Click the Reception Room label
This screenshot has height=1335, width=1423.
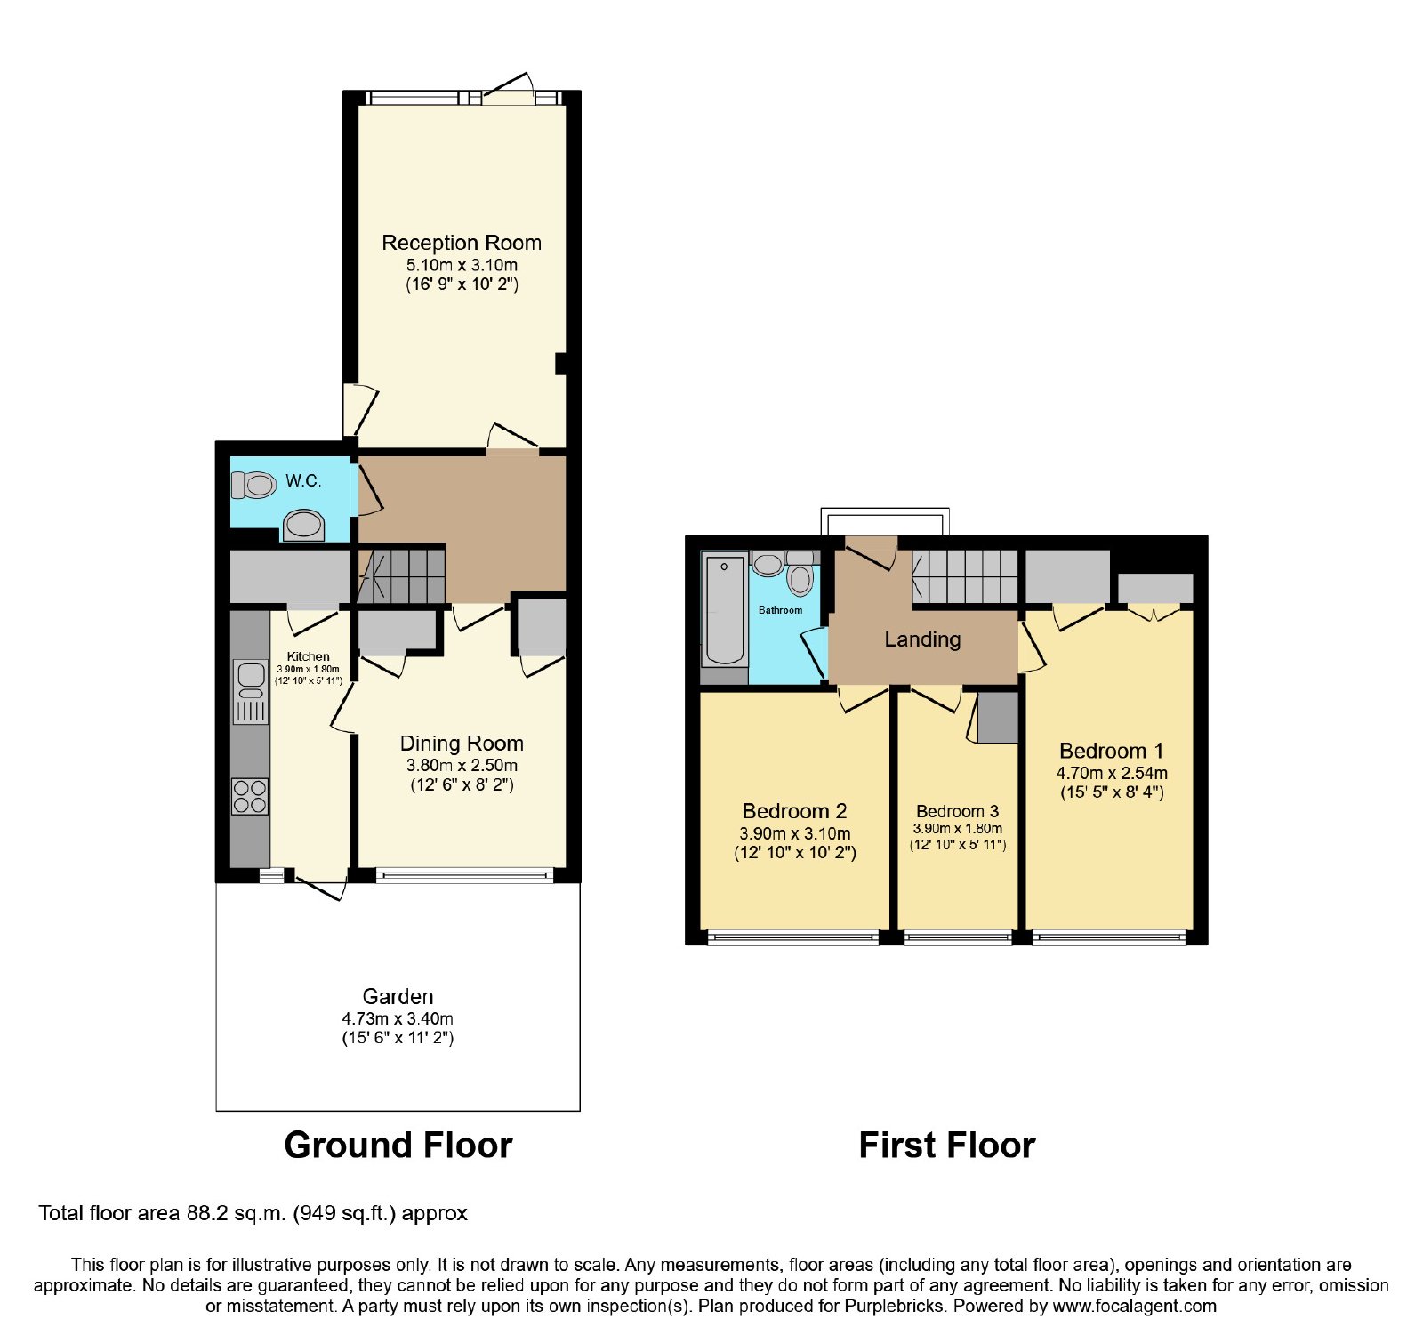462,243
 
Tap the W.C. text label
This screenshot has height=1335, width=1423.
303,481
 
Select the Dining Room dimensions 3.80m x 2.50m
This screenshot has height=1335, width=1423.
462,765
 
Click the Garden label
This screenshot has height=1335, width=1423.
398,997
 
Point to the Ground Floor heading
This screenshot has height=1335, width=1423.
398,1146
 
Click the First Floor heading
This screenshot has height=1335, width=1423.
947,1146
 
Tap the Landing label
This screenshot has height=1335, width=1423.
922,639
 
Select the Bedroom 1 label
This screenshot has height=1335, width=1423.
1111,751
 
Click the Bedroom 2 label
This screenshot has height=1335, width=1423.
794,811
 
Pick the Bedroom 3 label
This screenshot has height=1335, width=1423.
957,811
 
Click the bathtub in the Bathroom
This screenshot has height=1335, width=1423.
724,610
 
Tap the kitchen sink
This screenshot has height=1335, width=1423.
251,680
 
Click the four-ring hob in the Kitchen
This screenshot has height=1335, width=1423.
250,796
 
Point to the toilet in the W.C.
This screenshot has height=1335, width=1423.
253,485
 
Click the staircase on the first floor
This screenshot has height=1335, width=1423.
965,576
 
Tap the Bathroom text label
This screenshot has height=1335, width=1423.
780,610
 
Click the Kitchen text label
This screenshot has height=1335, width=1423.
309,656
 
